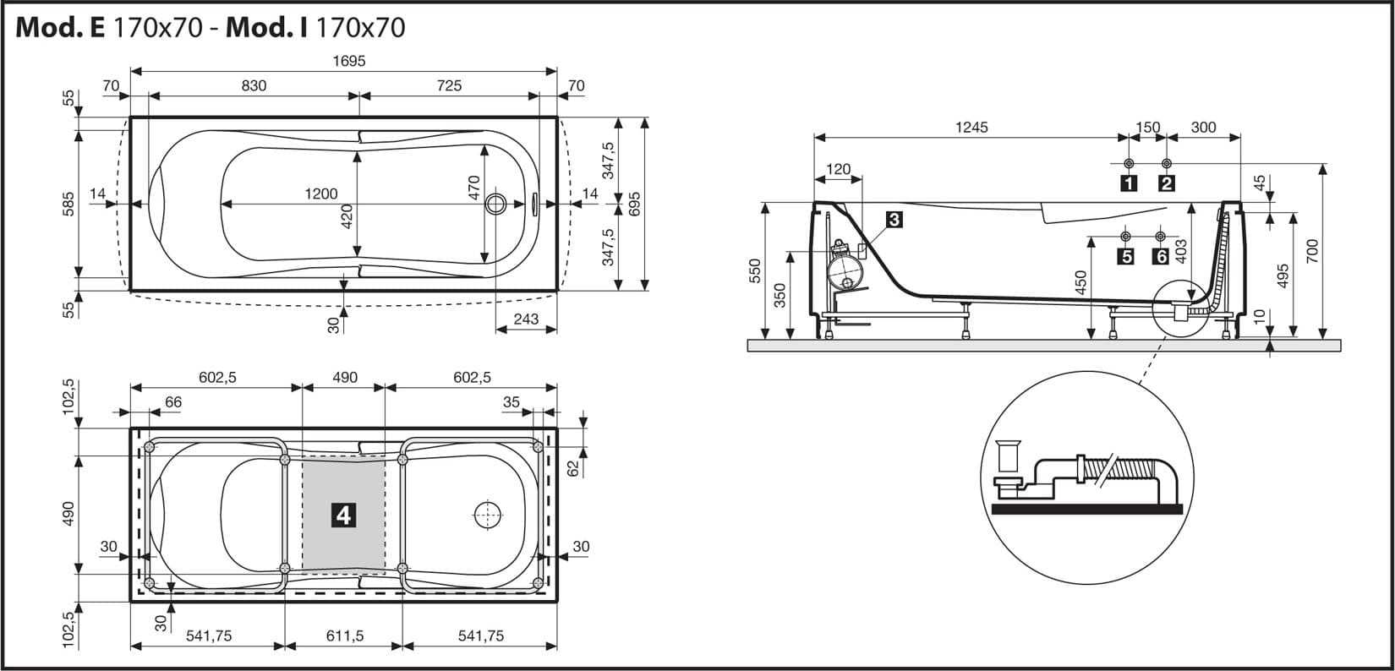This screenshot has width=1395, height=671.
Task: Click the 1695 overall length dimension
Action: tap(349, 61)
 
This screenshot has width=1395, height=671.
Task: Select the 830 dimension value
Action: tap(254, 85)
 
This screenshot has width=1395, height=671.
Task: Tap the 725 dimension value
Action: tap(449, 85)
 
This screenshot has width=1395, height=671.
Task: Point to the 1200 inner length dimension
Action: tap(321, 194)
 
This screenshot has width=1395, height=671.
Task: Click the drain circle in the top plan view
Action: tap(497, 204)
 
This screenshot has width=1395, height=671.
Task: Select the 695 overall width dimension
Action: tap(635, 204)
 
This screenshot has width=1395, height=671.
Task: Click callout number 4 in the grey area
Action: tap(343, 515)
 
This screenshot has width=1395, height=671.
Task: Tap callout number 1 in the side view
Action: tap(1129, 183)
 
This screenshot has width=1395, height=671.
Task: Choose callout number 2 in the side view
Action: tap(1167, 183)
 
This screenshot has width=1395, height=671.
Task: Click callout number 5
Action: tap(1125, 256)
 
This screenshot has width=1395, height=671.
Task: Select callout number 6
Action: tap(1160, 256)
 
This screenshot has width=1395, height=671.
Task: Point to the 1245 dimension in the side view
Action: tap(971, 128)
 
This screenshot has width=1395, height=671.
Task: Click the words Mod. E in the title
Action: tap(59, 28)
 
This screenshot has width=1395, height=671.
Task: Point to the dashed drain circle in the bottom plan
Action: tap(488, 515)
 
